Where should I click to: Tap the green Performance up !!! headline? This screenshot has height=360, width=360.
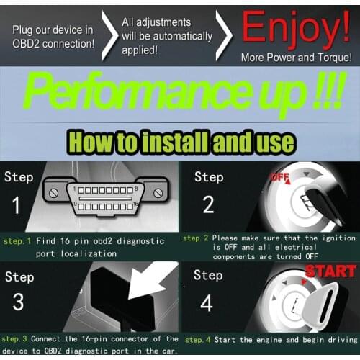[x=185, y=94]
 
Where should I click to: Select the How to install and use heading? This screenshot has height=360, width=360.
[x=181, y=142]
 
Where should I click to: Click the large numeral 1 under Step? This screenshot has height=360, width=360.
[x=16, y=204]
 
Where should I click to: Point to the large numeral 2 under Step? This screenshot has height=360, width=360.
[x=208, y=204]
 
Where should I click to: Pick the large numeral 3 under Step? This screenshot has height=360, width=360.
[x=18, y=302]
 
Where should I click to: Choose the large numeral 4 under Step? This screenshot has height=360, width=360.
[x=207, y=302]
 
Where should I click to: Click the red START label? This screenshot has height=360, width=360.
[x=330, y=271]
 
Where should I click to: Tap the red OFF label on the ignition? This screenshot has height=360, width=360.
[x=280, y=178]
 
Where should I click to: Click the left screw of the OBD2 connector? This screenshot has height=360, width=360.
[x=53, y=193]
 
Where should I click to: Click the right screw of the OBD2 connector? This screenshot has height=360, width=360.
[x=158, y=193]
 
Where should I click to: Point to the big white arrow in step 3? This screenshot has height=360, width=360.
[x=153, y=279]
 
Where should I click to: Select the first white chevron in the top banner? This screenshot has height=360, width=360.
[x=109, y=35]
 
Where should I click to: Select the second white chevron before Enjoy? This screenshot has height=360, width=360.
[x=224, y=35]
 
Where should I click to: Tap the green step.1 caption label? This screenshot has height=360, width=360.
[x=17, y=241]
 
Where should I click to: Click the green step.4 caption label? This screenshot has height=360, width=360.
[x=197, y=340]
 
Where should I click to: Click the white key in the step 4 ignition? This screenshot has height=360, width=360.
[x=319, y=304]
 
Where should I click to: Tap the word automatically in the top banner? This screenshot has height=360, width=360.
[x=183, y=37]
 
